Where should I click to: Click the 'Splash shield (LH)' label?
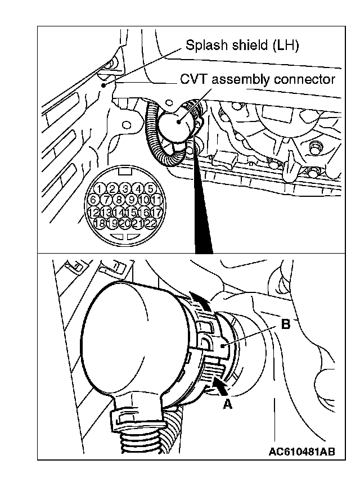pos(241,46)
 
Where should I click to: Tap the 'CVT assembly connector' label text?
pos(257,79)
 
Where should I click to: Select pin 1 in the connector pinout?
pos(100,189)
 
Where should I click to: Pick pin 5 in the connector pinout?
pos(150,189)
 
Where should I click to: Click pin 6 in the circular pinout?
pos(94,200)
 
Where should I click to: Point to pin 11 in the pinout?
pos(157,200)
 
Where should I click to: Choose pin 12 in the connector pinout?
pos(94,213)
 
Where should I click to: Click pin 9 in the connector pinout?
pos(132,200)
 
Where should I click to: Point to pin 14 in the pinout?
pos(119,213)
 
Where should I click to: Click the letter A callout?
pos(228,404)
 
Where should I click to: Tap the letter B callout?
pos(285,325)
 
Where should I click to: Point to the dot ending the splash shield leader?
pos(104,85)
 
